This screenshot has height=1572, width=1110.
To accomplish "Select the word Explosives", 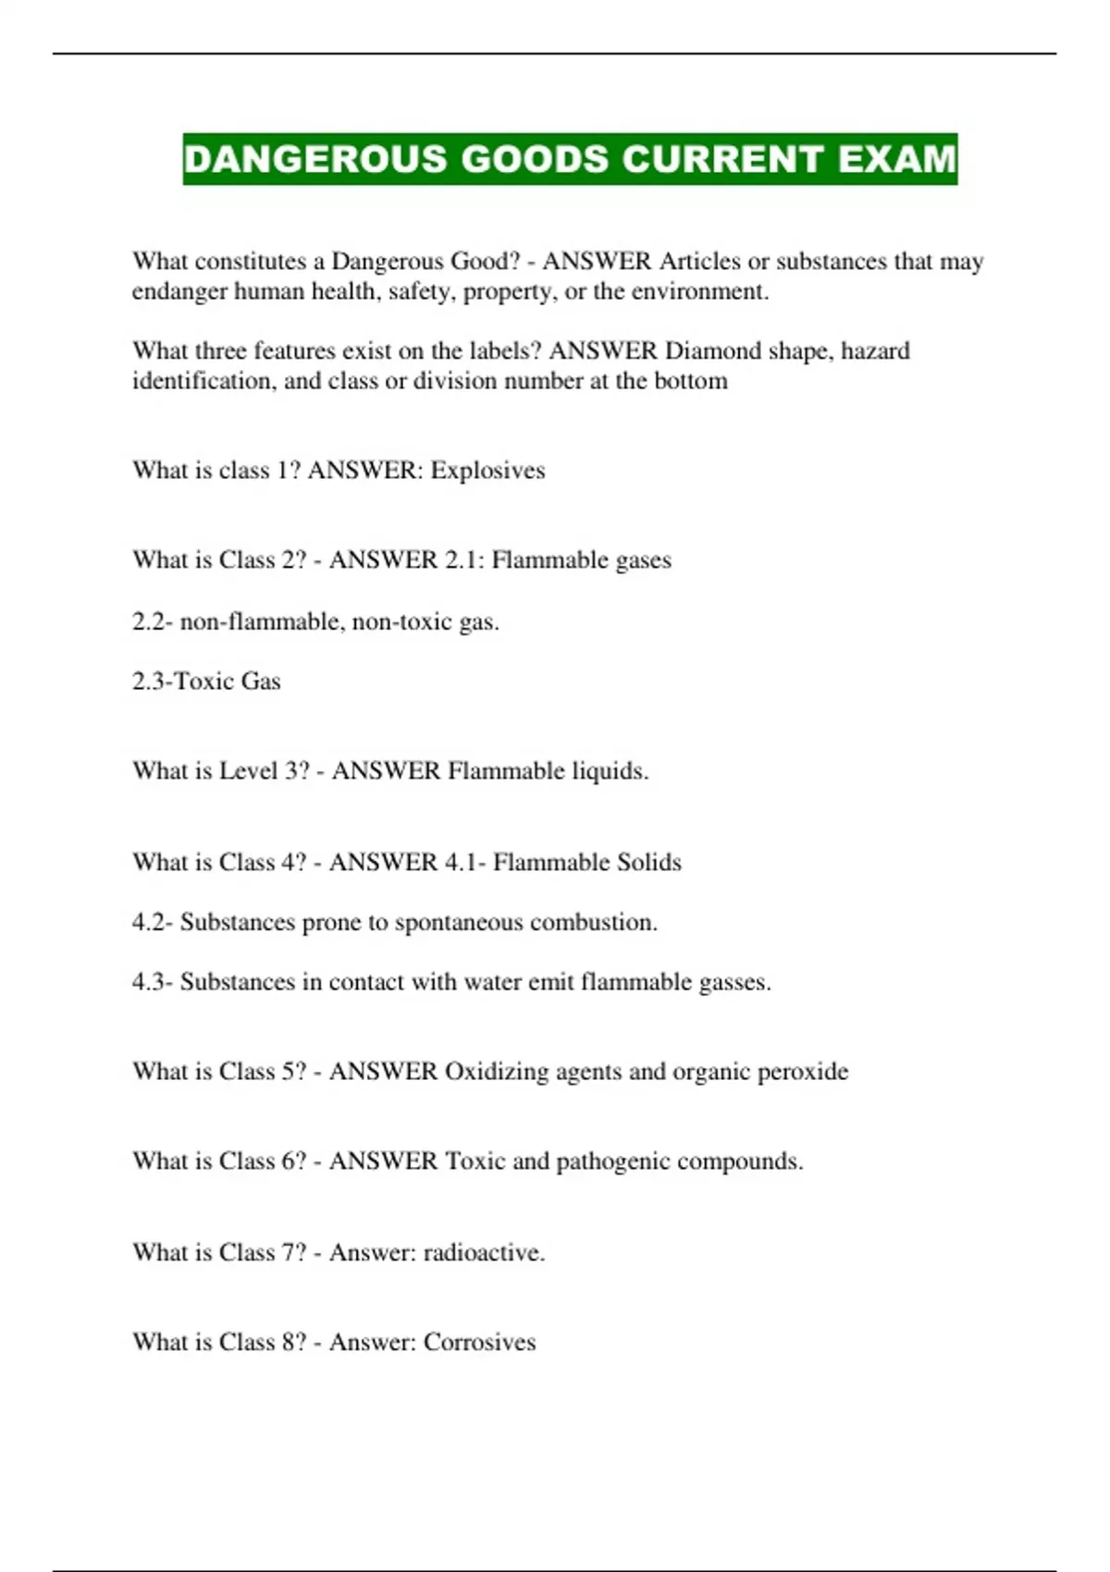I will coord(487,471).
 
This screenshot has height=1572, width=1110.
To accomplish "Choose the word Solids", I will coord(637,863).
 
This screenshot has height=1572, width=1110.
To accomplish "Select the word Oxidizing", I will coord(496,1072).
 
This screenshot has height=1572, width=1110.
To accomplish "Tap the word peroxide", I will coord(802,1072).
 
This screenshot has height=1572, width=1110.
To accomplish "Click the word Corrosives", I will coord(479,1343).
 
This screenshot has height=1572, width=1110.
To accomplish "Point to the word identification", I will coord(203,381).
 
